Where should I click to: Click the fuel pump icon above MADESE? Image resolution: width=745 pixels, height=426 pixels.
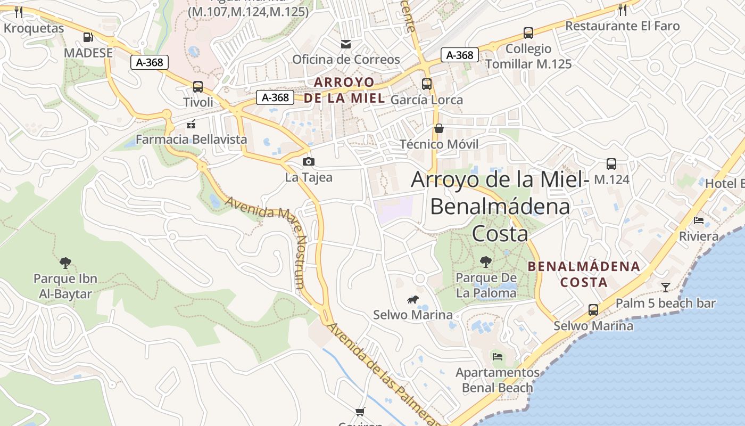coord(88,37)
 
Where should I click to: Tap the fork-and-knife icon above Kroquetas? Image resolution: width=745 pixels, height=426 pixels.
coord(19,11)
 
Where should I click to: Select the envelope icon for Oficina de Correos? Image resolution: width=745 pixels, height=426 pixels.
coord(346,44)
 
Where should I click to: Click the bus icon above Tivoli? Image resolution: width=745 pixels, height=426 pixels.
coord(198,86)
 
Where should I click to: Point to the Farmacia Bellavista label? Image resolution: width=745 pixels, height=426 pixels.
coord(191,140)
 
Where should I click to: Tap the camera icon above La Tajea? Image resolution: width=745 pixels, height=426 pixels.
coord(308,161)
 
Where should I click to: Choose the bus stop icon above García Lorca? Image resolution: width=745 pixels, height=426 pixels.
coord(426,84)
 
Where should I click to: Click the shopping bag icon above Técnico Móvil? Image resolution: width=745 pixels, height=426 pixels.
coord(439,128)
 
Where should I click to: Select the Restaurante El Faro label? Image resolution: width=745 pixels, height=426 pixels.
coord(622,26)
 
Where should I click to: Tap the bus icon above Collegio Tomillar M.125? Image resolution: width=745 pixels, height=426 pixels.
coord(528,33)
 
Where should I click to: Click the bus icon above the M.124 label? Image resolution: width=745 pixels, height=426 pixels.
coord(611,164)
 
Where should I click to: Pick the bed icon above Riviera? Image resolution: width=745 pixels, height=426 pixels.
coord(699,220)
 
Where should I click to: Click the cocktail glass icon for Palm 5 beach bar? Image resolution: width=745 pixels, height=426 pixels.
coord(666,288)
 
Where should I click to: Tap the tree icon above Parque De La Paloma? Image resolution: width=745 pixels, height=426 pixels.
coord(485,261)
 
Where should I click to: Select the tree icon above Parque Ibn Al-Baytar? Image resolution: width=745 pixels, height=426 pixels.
coord(65,263)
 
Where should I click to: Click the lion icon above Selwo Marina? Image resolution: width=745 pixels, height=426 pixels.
coord(413,299)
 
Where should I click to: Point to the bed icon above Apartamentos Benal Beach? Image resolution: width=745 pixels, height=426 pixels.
coord(498,356)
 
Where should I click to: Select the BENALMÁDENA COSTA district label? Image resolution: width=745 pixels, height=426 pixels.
coord(584,274)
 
